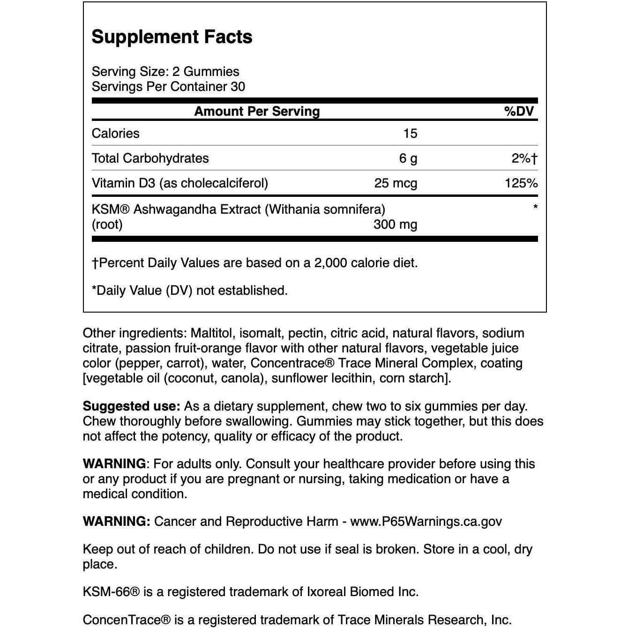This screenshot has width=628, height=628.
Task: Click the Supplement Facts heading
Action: point(172,37)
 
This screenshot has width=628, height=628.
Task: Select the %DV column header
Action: point(519,112)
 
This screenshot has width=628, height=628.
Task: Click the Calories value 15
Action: point(410,134)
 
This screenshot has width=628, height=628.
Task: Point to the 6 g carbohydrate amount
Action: point(408,158)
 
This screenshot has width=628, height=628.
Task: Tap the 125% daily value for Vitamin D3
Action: point(521,183)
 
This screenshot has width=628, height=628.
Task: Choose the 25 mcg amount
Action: point(396,183)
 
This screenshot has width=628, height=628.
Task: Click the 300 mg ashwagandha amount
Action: point(395,224)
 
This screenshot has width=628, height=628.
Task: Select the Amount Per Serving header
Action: point(257,112)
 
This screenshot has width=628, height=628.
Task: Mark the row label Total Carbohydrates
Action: point(150,158)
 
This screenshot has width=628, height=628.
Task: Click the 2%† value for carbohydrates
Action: point(524,158)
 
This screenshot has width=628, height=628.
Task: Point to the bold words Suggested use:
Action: point(131,406)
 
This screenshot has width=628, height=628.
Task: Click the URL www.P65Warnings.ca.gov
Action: point(426,522)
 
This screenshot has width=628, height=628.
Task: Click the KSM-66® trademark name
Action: point(111,592)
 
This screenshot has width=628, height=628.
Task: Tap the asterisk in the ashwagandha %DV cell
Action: point(535,207)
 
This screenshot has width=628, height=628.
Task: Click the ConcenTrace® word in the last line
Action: point(127,620)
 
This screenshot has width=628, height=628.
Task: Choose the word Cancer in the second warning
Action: point(174,522)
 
